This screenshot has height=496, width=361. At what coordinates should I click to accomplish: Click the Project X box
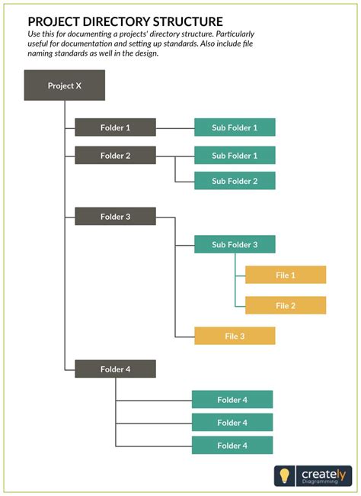[x=65, y=85]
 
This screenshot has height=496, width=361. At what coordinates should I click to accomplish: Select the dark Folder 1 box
[x=115, y=127]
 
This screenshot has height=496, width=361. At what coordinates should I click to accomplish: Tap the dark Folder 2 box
[x=115, y=156]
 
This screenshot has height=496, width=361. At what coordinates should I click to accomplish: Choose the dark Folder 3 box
[x=115, y=217]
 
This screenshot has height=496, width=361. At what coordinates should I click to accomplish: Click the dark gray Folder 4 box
[x=115, y=369]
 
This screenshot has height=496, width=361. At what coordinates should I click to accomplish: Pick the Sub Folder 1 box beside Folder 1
[x=235, y=127]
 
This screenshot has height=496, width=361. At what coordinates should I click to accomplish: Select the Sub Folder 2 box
[x=235, y=181]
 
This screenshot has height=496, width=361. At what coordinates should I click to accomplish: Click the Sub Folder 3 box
[x=235, y=244]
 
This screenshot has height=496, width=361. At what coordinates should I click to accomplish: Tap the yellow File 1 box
[x=286, y=275]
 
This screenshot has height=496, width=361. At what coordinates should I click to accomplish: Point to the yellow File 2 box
[x=286, y=305]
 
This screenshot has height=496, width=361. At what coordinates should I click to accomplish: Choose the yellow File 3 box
[x=235, y=336]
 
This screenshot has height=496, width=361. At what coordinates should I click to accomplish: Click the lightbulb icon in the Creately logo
[x=285, y=475]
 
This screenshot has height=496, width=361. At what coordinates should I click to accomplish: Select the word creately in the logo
[x=323, y=473]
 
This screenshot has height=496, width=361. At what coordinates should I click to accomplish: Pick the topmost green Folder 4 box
[x=232, y=399]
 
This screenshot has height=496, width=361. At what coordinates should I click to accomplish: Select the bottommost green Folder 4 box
[x=232, y=445]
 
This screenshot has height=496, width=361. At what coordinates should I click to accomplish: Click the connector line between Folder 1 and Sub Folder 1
[x=175, y=127]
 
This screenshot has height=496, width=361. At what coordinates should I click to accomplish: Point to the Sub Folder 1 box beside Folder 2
[x=235, y=156]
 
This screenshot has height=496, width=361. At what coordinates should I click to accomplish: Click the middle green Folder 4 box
[x=232, y=422]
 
